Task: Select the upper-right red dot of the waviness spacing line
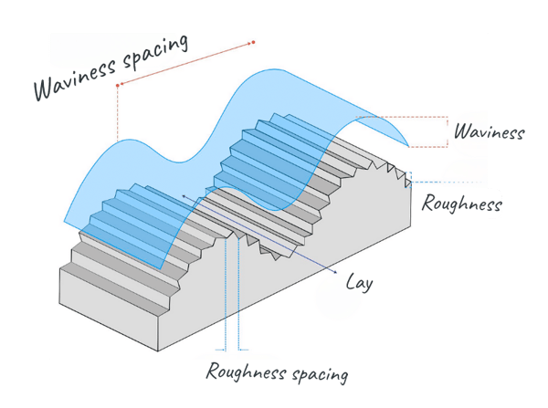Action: pyautogui.click(x=253, y=42)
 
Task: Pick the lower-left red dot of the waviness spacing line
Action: pyautogui.click(x=118, y=86)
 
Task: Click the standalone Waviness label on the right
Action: pyautogui.click(x=489, y=132)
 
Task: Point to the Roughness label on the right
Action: pyautogui.click(x=461, y=204)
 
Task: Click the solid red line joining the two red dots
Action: pyautogui.click(x=185, y=64)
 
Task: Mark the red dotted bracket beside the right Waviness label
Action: pyautogui.click(x=446, y=131)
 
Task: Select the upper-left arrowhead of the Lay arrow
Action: pyautogui.click(x=184, y=195)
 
